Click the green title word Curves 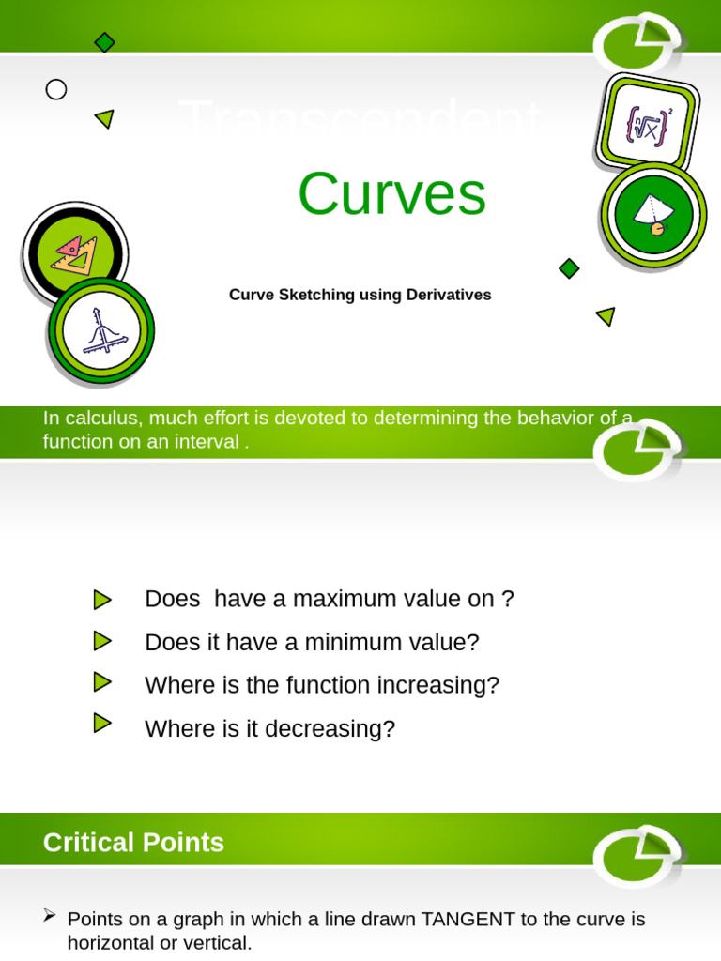pos(391,194)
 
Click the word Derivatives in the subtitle pos(449,295)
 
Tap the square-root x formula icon pos(647,123)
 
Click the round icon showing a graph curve pos(100,330)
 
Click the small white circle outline pos(56,89)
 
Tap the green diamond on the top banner pos(104,42)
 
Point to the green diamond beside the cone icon pos(569,268)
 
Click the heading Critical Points pos(133,843)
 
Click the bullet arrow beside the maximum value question pos(102,600)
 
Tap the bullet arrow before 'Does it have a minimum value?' pos(102,642)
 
